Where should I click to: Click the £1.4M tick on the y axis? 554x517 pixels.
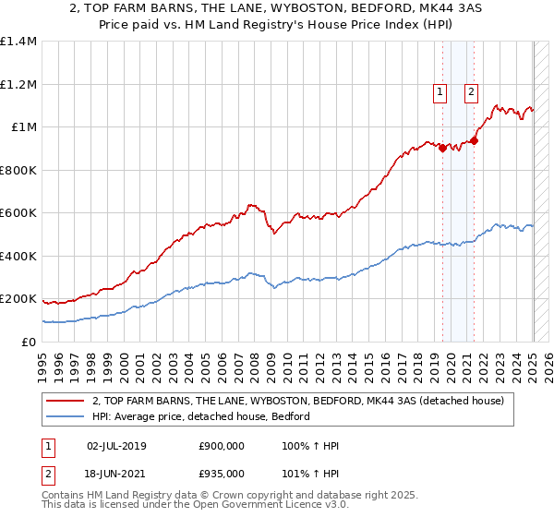click(x=19, y=42)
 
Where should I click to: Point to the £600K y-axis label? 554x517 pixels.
click(x=18, y=213)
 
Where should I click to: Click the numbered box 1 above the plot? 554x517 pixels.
click(x=440, y=91)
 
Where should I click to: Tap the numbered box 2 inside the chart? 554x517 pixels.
click(x=471, y=91)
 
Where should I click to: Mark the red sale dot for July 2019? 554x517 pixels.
click(x=442, y=148)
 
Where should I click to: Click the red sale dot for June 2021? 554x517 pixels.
click(x=475, y=140)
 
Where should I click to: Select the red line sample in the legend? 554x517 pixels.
click(x=65, y=401)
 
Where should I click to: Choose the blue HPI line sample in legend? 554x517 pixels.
click(x=65, y=416)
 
